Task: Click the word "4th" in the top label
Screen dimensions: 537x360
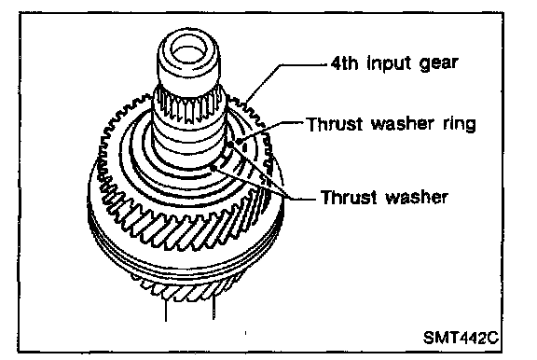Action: pos(344,63)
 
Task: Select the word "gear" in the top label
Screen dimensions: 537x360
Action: pos(439,64)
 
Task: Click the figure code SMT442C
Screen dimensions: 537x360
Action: pos(461,338)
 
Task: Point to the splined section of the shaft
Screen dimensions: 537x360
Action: pos(189,106)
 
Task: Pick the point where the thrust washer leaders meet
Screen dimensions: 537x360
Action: pos(288,197)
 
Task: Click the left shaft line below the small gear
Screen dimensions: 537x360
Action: pos(166,310)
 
